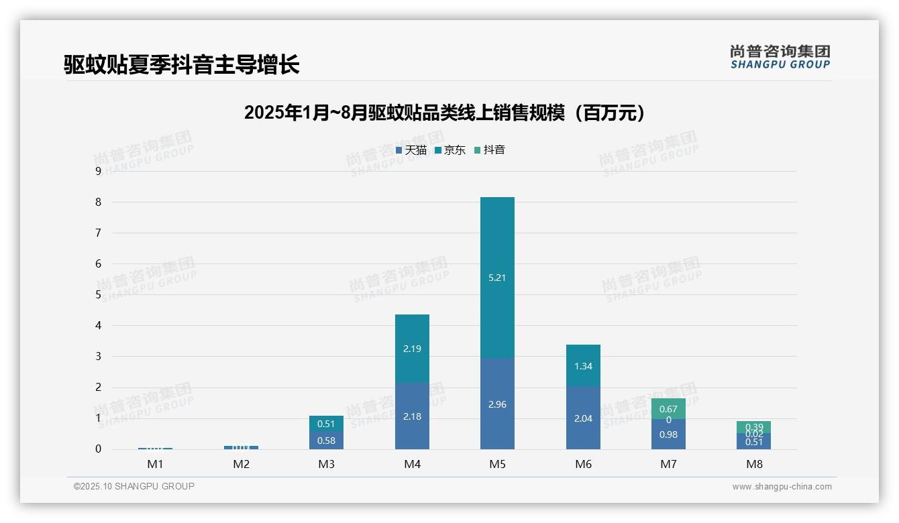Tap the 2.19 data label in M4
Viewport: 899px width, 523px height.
pos(412,349)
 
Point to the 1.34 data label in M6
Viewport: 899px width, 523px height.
pos(583,366)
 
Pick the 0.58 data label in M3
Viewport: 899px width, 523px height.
pos(326,441)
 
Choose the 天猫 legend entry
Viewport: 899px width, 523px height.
pos(411,150)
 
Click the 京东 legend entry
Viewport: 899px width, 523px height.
pos(450,150)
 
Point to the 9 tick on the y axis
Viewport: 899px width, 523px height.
pos(98,171)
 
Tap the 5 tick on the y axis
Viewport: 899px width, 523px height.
pos(98,294)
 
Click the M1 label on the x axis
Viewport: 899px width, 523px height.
pos(155,464)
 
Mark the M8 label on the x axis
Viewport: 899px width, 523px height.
pos(754,464)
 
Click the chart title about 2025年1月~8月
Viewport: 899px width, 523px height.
pos(445,113)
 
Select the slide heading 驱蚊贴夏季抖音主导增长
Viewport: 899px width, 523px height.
pos(181,64)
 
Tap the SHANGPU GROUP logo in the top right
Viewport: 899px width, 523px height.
pos(780,57)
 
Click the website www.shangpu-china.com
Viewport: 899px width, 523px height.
pos(782,487)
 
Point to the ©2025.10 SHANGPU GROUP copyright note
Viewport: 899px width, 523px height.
pos(134,486)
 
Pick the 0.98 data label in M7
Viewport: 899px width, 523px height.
pos(668,434)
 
